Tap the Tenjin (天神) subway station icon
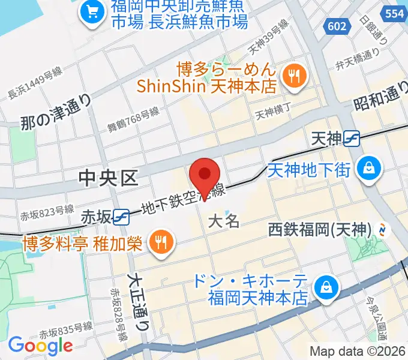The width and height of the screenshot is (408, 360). click(x=352, y=139)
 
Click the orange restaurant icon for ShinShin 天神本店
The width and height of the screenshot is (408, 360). click(x=295, y=76)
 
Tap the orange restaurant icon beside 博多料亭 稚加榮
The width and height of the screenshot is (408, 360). click(x=159, y=242)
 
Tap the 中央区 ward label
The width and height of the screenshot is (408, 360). click(x=109, y=178)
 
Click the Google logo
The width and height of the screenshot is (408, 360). click(x=40, y=345)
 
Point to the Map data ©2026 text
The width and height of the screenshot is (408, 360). click(x=358, y=351)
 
